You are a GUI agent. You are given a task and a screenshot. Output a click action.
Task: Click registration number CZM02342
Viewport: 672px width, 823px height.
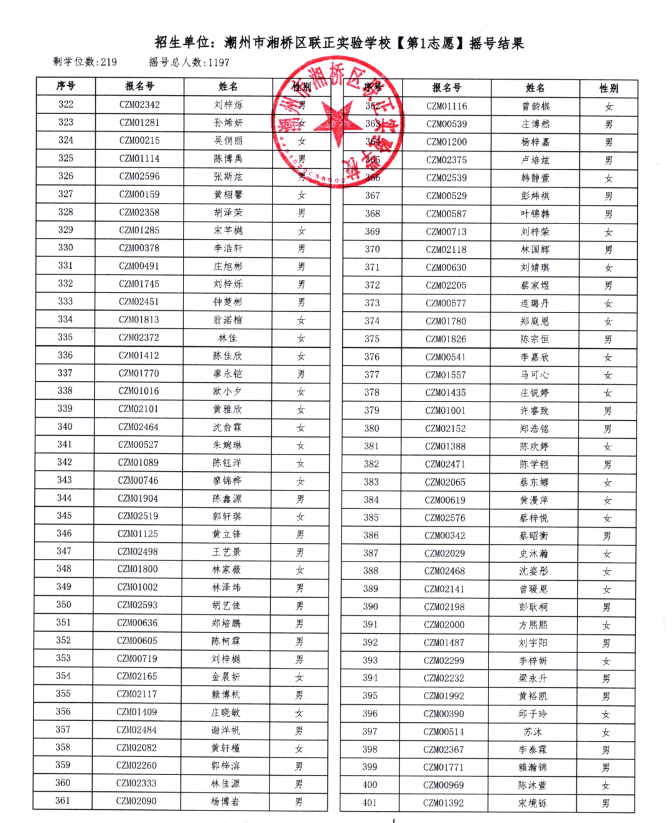[139, 105]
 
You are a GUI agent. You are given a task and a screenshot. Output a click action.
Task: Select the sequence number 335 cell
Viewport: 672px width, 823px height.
[65, 337]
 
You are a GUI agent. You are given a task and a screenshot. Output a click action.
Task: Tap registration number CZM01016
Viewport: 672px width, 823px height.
[139, 391]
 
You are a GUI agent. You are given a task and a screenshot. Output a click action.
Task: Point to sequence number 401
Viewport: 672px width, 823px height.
[370, 803]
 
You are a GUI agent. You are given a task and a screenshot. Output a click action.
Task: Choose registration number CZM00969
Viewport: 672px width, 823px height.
[444, 786]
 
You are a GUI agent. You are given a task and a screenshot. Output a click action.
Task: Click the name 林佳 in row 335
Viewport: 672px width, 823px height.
[227, 338]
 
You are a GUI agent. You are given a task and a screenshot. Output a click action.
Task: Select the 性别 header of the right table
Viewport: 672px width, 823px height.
[609, 88]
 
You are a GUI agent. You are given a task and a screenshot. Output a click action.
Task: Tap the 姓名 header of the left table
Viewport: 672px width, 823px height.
[228, 87]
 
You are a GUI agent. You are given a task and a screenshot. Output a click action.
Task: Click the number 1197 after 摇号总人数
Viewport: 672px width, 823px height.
[218, 62]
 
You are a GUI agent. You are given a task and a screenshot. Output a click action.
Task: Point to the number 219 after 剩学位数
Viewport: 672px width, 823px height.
[108, 62]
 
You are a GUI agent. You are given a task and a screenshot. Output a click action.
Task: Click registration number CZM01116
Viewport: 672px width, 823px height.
[447, 106]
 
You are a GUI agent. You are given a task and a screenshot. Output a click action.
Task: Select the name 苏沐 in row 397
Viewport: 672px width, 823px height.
[533, 732]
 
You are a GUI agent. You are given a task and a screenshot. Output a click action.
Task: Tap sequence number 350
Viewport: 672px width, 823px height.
[63, 604]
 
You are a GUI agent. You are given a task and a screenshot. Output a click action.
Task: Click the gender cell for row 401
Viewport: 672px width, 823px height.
[605, 804]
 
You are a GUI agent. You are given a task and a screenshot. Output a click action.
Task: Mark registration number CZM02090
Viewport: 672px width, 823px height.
[136, 801]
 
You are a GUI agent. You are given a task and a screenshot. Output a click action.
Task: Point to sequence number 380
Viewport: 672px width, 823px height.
[371, 428]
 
